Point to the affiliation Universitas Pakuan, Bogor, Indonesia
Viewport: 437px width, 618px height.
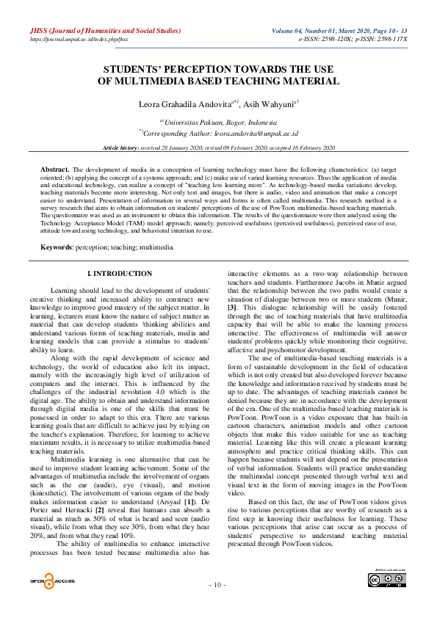(220, 122)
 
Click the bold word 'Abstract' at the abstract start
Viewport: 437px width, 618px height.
(54, 169)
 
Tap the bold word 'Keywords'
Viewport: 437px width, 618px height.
(56, 247)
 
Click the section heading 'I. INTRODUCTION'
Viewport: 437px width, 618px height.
(120, 274)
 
